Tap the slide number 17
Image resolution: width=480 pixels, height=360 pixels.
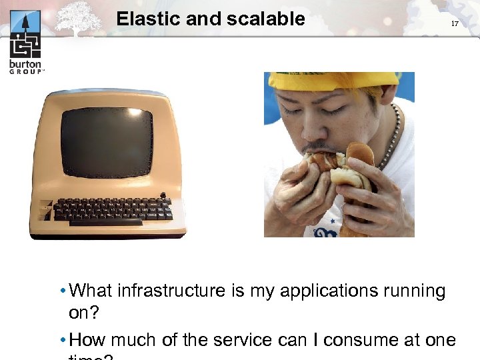coord(455,23)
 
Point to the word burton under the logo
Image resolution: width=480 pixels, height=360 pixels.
coord(25,65)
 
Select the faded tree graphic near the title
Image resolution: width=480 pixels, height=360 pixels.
coord(78,18)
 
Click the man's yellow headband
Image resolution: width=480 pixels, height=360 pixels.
coord(333,80)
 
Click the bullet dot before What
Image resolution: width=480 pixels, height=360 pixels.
coord(61,291)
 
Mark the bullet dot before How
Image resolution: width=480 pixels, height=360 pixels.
coord(61,341)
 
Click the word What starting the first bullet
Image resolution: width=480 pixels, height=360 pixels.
coord(91,291)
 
